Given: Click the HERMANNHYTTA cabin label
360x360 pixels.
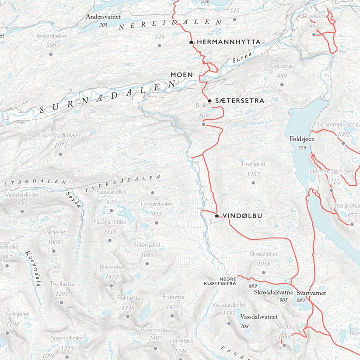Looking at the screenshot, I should point(228,42).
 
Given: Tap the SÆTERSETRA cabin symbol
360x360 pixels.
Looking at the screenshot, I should point(210,100).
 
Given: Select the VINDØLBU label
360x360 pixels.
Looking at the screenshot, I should point(242,216).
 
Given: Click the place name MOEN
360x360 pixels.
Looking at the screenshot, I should point(181,75).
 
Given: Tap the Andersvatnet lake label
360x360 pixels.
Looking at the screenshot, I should point(103,17).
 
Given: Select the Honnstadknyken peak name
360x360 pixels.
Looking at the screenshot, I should point(60,136).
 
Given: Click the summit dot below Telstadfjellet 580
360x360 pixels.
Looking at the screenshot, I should point(51,55).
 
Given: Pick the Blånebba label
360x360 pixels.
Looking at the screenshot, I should point(111,267).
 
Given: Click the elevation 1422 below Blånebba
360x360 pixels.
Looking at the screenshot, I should point(111,277).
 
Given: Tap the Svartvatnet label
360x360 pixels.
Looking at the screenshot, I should point(311,293).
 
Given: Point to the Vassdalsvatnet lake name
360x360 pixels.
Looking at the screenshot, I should point(259,315).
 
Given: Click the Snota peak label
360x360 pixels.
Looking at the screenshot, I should point(284,326).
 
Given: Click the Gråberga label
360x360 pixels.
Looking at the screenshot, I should point(282,66).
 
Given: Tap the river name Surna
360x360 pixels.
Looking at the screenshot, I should point(242,56).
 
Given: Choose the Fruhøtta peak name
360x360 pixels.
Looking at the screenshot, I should point(173,297).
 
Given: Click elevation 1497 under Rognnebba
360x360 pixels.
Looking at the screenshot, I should point(156,339).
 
